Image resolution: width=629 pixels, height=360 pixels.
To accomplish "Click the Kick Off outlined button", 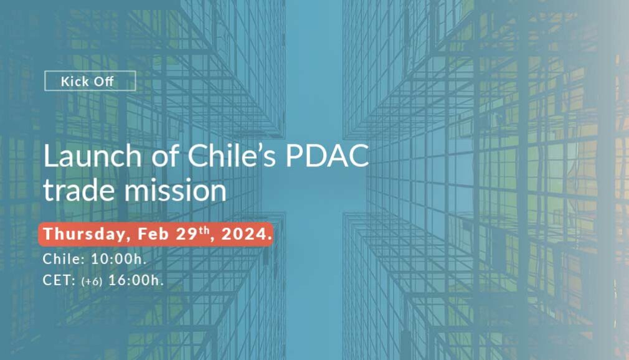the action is pos(90,81).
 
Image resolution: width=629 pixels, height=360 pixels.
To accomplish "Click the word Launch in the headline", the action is pos(92,156).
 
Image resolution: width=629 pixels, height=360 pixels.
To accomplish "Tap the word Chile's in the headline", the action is pos(232,155).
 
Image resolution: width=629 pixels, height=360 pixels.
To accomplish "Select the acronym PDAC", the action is pos(327,155).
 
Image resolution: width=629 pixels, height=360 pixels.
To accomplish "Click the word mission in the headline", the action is pos(175,190).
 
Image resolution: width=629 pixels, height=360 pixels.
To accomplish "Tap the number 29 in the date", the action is pos(187,234).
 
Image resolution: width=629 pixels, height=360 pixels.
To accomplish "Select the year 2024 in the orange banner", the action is pos(244,234).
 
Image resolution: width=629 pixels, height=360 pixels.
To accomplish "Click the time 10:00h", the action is pos(119,259).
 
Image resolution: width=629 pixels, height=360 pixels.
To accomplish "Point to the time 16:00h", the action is pos(136,280).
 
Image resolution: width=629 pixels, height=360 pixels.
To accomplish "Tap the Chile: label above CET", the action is pos(64,259).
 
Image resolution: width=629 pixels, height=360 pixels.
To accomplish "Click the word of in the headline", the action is pos(165,155).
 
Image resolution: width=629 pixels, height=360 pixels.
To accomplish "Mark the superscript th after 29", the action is pos(204,230).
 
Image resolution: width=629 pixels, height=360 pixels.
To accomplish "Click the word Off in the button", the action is pos(103,82).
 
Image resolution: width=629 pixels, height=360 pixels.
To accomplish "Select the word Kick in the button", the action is pos(75,82).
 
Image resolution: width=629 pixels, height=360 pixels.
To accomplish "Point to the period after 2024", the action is pos(270,239).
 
